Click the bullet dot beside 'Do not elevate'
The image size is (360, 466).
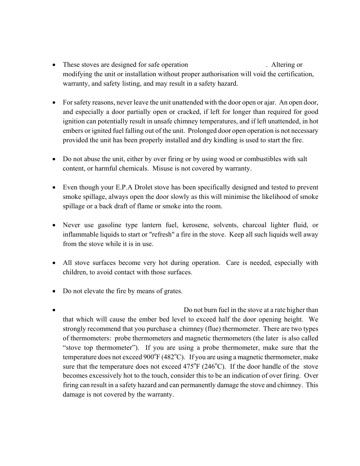point(55,291)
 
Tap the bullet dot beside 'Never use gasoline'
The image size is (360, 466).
point(55,225)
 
